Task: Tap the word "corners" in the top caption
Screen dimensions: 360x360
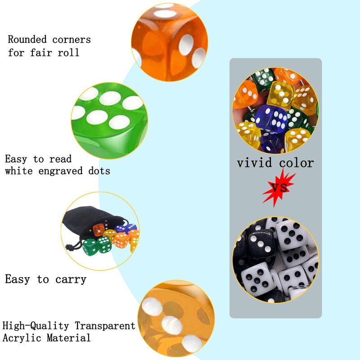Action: tap(72, 40)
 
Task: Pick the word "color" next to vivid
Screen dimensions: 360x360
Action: tap(295, 162)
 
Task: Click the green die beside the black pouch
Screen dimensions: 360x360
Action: tap(90, 247)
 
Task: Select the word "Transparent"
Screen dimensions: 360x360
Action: tap(105, 325)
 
